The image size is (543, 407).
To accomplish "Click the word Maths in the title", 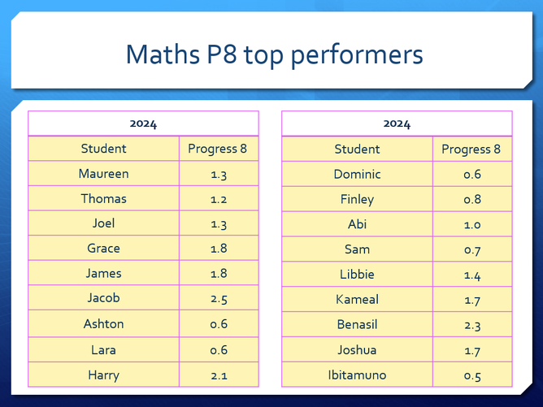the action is point(163,54).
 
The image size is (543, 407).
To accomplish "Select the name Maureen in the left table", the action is point(103,173).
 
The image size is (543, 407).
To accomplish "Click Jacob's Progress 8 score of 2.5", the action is point(219,299).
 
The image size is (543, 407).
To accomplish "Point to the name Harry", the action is point(103,375).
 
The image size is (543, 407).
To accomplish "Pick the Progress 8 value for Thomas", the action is point(219,199).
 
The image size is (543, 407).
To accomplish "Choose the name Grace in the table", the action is point(103,248).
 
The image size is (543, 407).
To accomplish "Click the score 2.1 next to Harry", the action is point(219,376).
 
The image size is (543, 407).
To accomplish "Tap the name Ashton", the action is point(103,324).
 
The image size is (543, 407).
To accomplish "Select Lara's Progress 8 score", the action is point(219,350).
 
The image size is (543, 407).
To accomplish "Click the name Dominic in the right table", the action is point(357,174).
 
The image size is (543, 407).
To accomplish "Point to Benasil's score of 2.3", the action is point(472,325).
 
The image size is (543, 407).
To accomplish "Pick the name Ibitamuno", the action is point(357,375).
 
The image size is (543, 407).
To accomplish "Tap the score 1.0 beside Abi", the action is point(472,225).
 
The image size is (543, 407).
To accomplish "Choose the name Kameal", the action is point(357,300).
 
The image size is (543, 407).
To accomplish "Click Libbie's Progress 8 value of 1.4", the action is point(472,275).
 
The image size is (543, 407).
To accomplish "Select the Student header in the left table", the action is point(103,149).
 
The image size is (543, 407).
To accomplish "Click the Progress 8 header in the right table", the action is point(471,149).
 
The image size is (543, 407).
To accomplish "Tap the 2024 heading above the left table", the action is point(143,124).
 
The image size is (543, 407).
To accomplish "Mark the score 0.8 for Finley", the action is point(472,199).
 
